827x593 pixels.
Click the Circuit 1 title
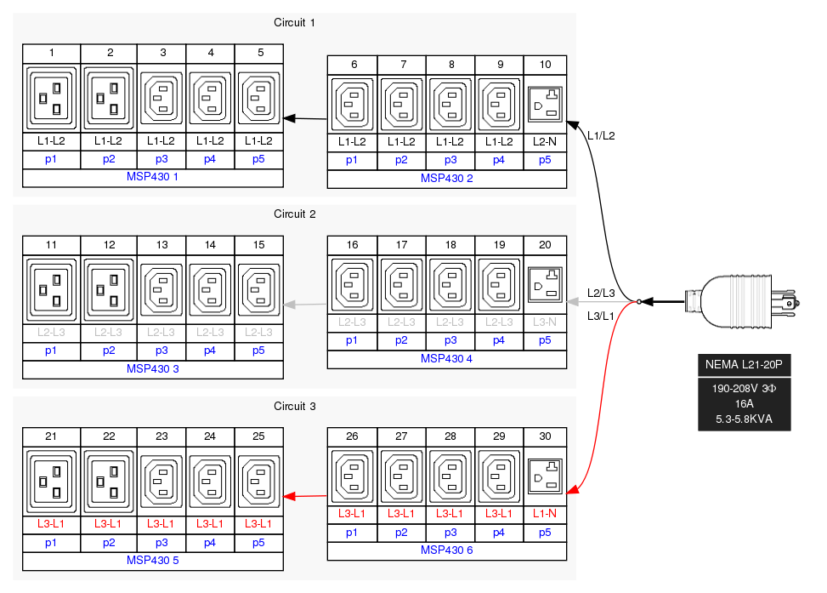295,22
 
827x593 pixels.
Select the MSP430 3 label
152,368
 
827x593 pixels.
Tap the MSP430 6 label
446,550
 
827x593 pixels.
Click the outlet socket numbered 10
545,105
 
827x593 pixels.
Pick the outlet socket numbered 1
52,97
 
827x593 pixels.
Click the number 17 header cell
402,245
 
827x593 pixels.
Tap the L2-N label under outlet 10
545,141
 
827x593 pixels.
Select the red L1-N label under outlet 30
545,514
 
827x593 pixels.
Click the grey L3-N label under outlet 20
545,322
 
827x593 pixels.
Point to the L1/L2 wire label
601,135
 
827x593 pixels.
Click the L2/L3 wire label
601,293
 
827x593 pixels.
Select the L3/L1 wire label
601,316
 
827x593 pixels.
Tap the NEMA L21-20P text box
744,365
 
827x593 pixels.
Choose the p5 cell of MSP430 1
258,159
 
